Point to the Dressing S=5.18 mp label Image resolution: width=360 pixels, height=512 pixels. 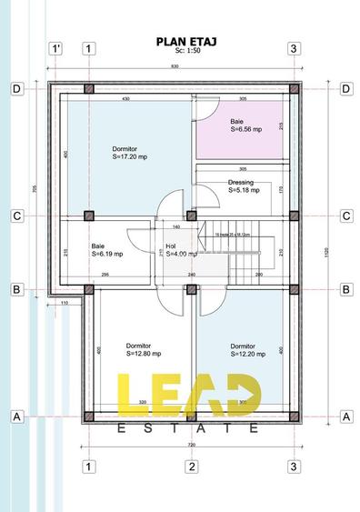pos(244,187)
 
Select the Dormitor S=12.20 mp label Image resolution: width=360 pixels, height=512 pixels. pos(246,350)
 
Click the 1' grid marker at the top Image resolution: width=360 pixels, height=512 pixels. pos(56,48)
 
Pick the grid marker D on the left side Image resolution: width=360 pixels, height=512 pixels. pos(16,88)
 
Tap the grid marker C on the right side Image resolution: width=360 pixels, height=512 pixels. pos(345,216)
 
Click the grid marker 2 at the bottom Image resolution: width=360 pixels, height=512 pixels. pos(191,467)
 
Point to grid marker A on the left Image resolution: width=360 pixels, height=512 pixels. pos(16,417)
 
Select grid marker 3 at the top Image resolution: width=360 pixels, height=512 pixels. pos(294,48)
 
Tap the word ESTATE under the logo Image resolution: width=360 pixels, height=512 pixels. pos(189,427)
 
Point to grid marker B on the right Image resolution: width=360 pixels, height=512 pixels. pos(345,289)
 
